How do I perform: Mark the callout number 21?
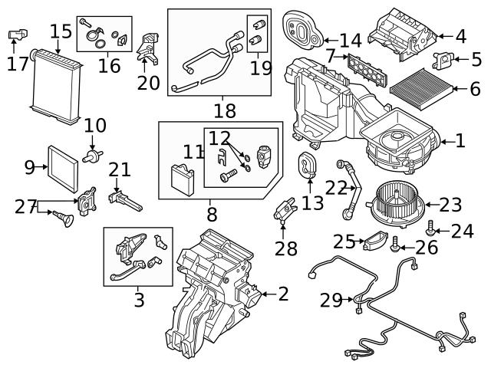pos(120,170)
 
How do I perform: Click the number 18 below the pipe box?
pos(225,111)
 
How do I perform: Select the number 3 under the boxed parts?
pos(138,300)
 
